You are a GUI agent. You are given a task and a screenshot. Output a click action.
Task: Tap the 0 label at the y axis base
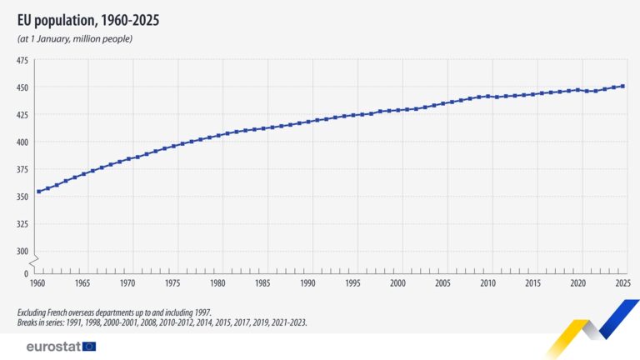(27, 272)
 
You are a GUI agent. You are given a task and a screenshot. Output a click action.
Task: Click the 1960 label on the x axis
(37, 284)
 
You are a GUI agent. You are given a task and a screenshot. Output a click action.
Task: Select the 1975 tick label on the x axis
(172, 284)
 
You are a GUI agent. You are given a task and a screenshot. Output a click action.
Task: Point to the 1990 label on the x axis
(307, 284)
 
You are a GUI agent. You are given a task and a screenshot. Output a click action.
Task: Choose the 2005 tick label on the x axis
(442, 284)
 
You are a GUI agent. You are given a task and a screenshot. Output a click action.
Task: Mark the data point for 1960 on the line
(38, 192)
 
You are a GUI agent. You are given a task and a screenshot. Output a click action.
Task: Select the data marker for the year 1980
(218, 135)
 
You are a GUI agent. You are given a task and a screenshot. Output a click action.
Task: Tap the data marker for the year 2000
(398, 109)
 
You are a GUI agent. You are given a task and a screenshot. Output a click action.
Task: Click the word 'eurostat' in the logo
(52, 346)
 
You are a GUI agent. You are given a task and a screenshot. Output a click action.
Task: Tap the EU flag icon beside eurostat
(89, 346)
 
